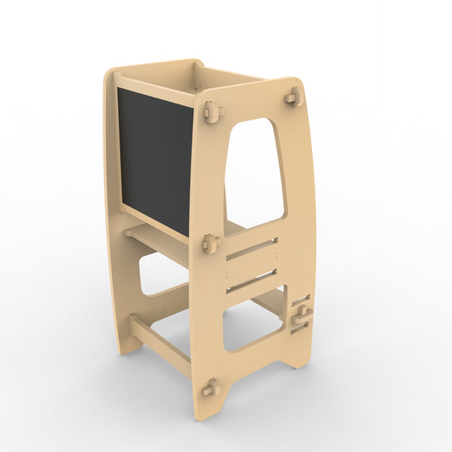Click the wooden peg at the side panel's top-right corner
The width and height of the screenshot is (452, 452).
pyautogui.click(x=293, y=98)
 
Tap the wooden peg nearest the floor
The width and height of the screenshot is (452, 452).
pyautogui.click(x=209, y=388)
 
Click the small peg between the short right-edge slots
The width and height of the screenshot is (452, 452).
pyautogui.click(x=301, y=315)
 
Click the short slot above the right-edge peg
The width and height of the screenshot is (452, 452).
pyautogui.click(x=301, y=299)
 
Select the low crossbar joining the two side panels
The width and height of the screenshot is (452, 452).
pyautogui.click(x=161, y=338)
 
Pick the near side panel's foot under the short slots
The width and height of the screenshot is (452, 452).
pyautogui.click(x=299, y=356)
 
